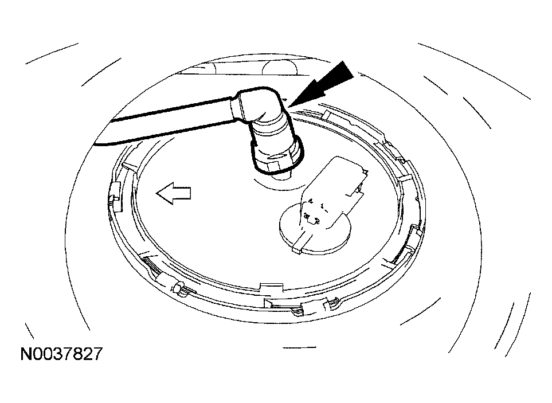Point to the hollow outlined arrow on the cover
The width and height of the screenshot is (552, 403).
click(x=174, y=193)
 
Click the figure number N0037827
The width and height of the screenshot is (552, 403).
click(x=61, y=353)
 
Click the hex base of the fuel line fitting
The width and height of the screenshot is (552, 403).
click(x=278, y=166)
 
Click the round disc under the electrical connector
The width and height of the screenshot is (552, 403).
click(x=316, y=230)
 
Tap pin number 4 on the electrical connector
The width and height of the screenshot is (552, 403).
click(x=311, y=201)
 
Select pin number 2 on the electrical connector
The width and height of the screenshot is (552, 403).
click(x=317, y=221)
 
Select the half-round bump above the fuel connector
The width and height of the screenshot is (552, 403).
click(x=280, y=68)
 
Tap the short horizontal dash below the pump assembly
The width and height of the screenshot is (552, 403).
click(x=299, y=348)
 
